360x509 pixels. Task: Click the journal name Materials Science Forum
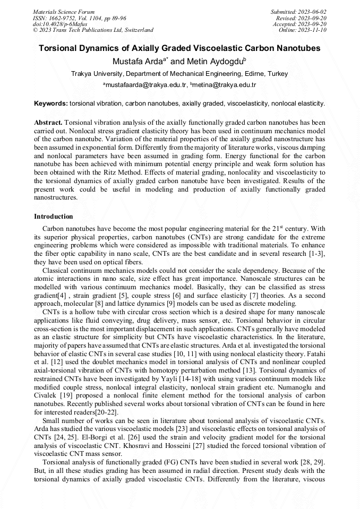(x=64, y=12)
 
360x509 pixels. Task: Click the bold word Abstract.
(x=48, y=122)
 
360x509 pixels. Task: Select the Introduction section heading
(x=54, y=217)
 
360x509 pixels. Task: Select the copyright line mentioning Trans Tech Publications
(x=93, y=30)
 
